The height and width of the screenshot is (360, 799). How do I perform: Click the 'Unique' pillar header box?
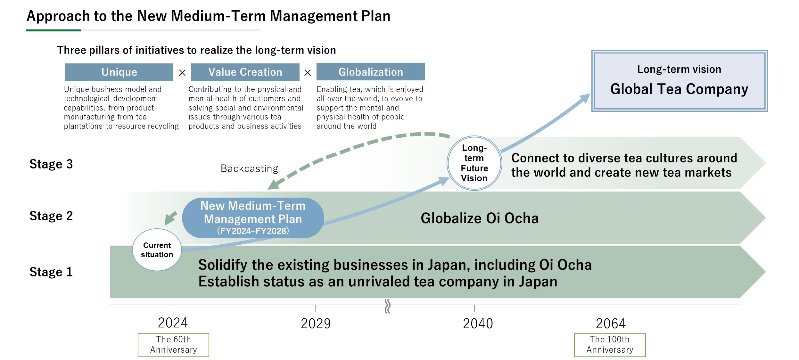point(119,72)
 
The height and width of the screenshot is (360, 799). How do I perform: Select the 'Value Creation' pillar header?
point(245,72)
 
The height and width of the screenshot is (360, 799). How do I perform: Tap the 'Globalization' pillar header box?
point(371,72)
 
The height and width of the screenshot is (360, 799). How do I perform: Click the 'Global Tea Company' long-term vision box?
point(679,81)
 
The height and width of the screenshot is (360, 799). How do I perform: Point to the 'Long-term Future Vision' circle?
point(474,163)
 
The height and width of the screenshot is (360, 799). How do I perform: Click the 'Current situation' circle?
point(157,250)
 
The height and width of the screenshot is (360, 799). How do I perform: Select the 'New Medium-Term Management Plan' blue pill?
point(253,218)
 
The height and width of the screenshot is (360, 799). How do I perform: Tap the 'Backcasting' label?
point(249,168)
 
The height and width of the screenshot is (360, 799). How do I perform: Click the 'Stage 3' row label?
point(51,164)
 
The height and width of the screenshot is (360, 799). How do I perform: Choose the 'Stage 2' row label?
point(51,216)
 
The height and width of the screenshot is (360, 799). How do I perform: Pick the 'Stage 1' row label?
point(51,272)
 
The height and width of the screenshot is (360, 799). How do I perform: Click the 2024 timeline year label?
point(173,323)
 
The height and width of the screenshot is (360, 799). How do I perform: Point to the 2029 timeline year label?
point(316,323)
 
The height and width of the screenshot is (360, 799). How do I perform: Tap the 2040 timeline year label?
point(478,323)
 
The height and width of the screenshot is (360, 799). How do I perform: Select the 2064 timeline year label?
point(611,323)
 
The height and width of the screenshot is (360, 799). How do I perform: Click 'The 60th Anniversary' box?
point(173,345)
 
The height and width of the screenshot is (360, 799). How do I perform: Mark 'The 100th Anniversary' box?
point(610,345)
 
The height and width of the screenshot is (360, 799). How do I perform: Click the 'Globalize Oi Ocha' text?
point(480,218)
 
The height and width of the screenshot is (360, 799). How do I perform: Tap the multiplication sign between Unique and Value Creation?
point(182,73)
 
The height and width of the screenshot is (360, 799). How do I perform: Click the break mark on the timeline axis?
point(387,306)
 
